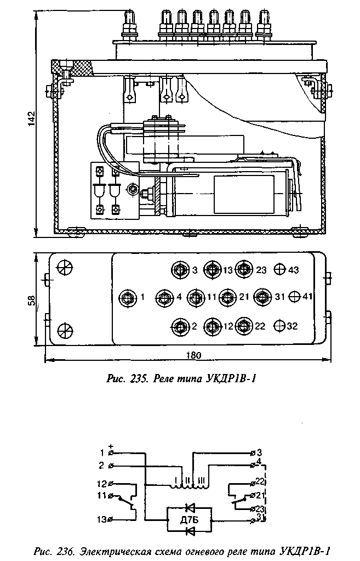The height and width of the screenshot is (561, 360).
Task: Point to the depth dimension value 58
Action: tap(32, 300)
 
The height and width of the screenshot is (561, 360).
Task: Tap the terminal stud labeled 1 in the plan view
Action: tap(127, 297)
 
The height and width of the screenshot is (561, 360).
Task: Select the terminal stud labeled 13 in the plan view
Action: tap(211, 269)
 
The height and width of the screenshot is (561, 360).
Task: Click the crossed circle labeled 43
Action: tap(280, 269)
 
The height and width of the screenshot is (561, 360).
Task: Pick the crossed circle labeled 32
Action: tap(280, 326)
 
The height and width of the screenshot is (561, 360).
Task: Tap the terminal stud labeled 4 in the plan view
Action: tap(164, 297)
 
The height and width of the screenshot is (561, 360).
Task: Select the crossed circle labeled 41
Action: tap(294, 297)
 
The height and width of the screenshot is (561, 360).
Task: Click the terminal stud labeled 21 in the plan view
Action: tap(227, 297)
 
